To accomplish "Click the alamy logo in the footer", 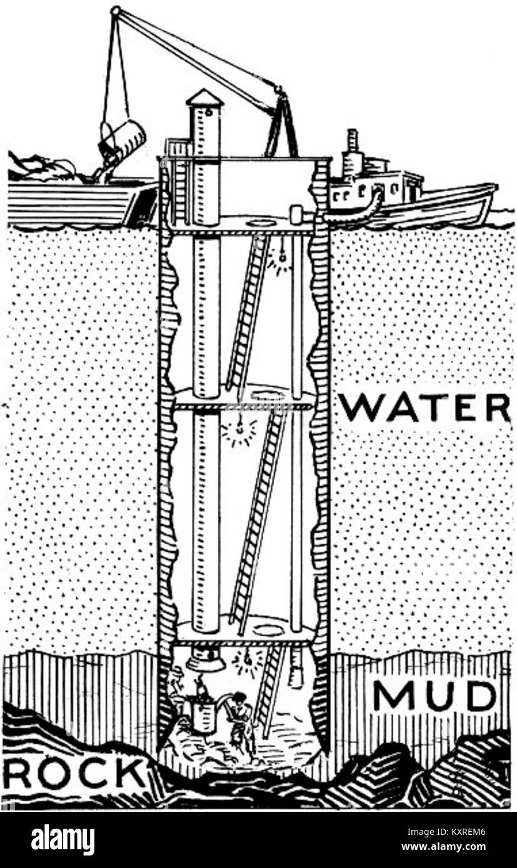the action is (63, 840).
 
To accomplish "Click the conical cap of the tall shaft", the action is (204, 98).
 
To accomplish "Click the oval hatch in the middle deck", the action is (268, 395).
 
